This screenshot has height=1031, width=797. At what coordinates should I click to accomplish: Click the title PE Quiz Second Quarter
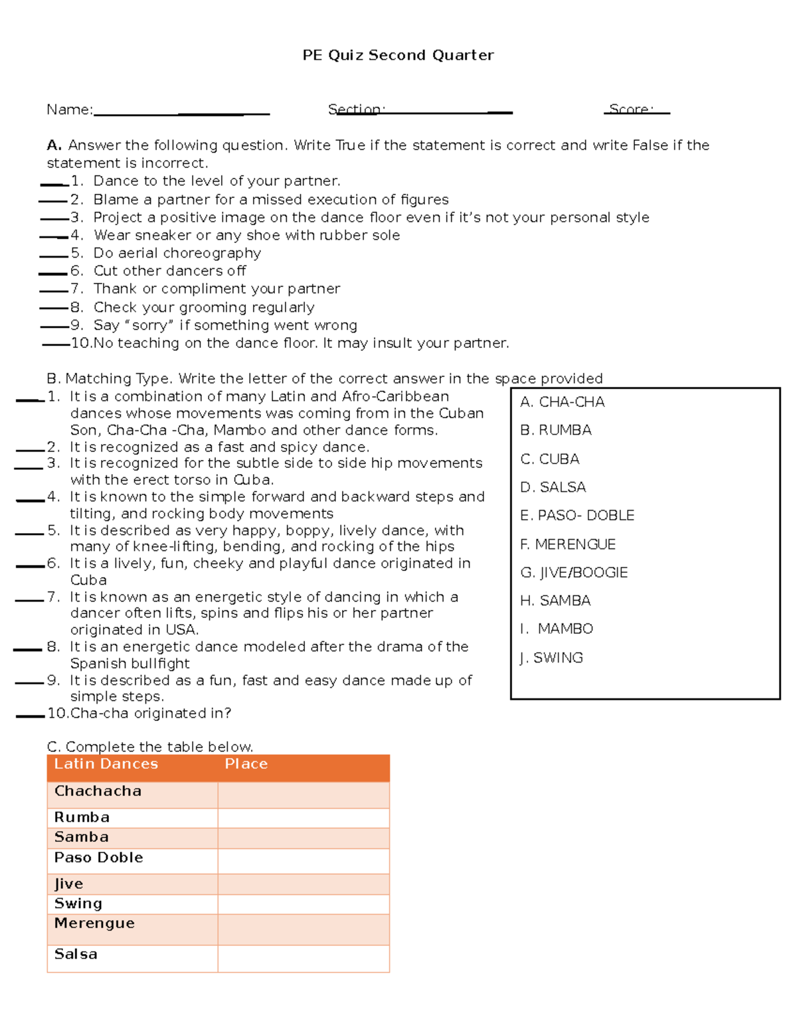pos(398,55)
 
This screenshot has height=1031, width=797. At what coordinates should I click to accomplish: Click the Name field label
pos(69,110)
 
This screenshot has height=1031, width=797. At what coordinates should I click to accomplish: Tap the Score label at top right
pos(630,109)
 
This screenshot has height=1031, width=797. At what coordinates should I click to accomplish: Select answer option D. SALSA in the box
pos(553,487)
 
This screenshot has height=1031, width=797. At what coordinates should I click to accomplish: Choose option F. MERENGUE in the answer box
pos(568,544)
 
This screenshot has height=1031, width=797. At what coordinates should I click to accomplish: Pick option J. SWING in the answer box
pos(551,658)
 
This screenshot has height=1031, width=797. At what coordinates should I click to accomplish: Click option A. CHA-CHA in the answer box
pos(562,402)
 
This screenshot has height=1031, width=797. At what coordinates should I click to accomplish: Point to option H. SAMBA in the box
pos(555,601)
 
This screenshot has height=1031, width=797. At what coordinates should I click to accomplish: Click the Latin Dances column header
pos(106,764)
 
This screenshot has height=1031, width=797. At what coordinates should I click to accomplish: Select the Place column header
pos(246,764)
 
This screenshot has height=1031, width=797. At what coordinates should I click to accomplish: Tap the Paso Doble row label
pos(99,858)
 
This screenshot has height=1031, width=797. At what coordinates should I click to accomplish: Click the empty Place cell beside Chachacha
pos(304,795)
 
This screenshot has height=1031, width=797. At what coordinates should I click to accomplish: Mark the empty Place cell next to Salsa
pos(304,959)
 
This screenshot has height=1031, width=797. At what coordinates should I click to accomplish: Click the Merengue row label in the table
pos(94,923)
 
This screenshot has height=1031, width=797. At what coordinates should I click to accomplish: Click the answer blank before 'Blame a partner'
pos(53,200)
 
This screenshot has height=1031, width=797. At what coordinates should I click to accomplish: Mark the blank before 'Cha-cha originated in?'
pos(30,716)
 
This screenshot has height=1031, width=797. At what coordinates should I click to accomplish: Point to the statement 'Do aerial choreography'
pos(177,253)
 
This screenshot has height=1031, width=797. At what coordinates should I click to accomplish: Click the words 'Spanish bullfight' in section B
pos(130,664)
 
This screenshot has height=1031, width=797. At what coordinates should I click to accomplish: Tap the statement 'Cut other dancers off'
pos(169,271)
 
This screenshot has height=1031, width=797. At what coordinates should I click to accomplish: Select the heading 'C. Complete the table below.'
pos(150,747)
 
